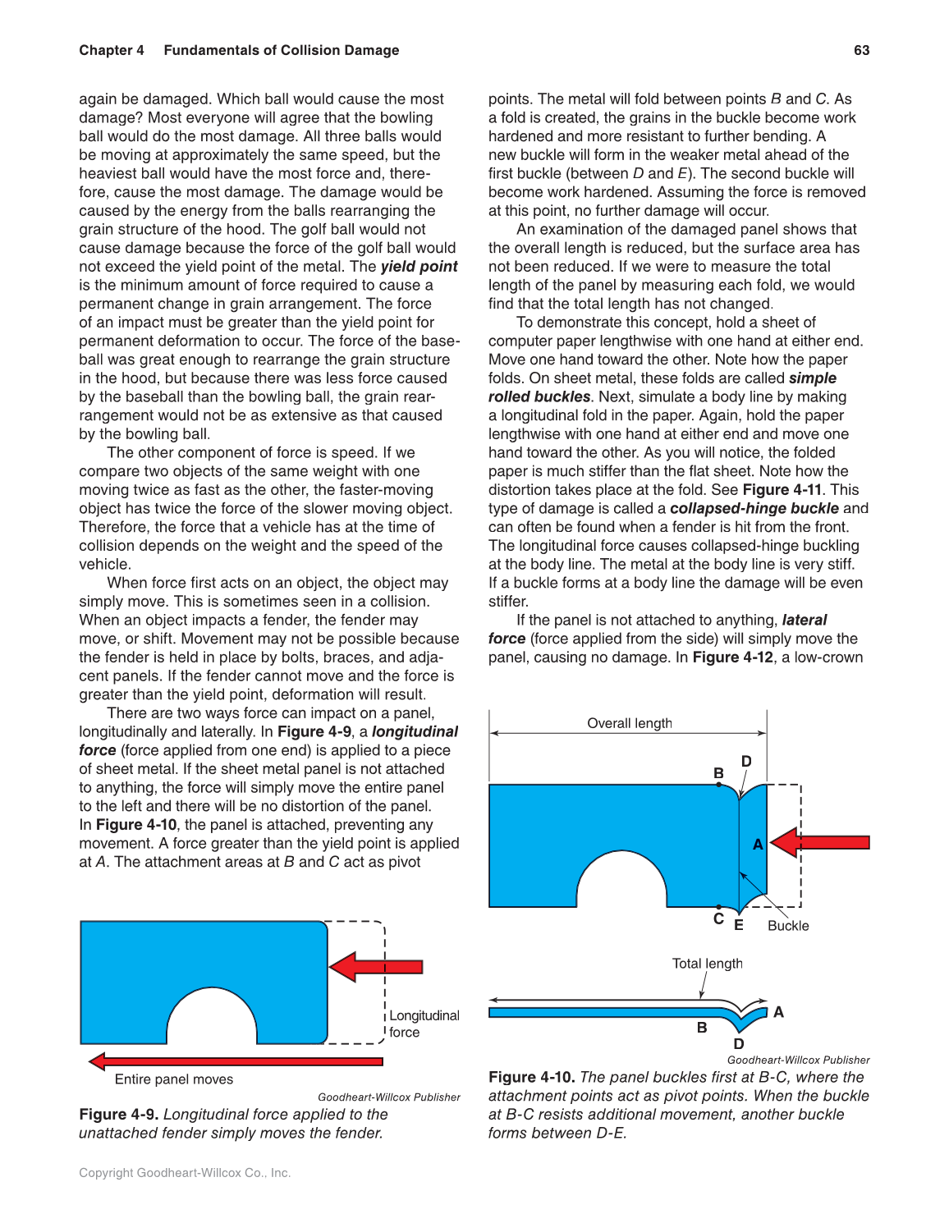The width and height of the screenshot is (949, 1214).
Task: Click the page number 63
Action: (861, 50)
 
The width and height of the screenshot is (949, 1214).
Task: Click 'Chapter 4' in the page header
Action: (112, 50)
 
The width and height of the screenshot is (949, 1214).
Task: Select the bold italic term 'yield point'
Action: (419, 267)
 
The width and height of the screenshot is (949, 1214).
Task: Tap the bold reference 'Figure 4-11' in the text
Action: (782, 490)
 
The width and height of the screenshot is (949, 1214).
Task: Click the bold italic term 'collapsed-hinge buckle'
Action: (754, 509)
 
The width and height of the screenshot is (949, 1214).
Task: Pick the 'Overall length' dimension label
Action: (629, 723)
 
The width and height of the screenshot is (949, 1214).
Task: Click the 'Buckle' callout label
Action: (788, 926)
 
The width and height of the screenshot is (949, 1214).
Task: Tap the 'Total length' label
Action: (707, 964)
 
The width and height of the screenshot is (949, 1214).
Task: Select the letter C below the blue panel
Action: (718, 919)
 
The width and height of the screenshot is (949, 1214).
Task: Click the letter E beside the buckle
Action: (739, 925)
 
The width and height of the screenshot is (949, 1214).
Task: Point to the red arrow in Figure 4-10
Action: (820, 842)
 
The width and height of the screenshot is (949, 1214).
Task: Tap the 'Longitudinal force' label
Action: (424, 1024)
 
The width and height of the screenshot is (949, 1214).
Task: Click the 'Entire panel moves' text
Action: (174, 1079)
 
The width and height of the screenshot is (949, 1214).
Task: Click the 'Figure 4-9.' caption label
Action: (119, 1115)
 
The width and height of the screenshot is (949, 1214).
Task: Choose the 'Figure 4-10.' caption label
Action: (531, 1077)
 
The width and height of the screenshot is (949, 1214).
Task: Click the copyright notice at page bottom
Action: (185, 1173)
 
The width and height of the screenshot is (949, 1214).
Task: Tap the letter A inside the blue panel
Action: (758, 844)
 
